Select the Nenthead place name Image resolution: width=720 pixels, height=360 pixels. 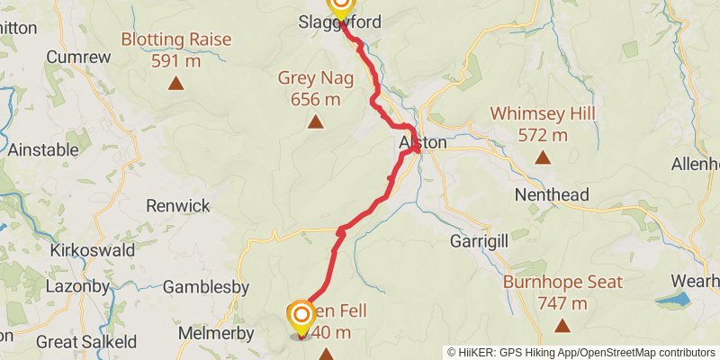click(x=551, y=194)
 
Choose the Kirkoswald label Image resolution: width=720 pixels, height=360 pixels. click(x=93, y=249)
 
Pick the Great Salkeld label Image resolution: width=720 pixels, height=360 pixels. click(x=86, y=342)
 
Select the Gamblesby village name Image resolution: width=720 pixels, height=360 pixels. click(x=206, y=287)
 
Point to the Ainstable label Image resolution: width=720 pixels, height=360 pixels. click(x=43, y=150)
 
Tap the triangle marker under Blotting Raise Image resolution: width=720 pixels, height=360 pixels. click(x=176, y=84)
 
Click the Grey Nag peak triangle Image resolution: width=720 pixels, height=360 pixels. click(x=315, y=121)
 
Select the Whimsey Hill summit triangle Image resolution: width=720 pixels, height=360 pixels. click(x=542, y=158)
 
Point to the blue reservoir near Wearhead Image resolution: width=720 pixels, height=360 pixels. click(x=673, y=299)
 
